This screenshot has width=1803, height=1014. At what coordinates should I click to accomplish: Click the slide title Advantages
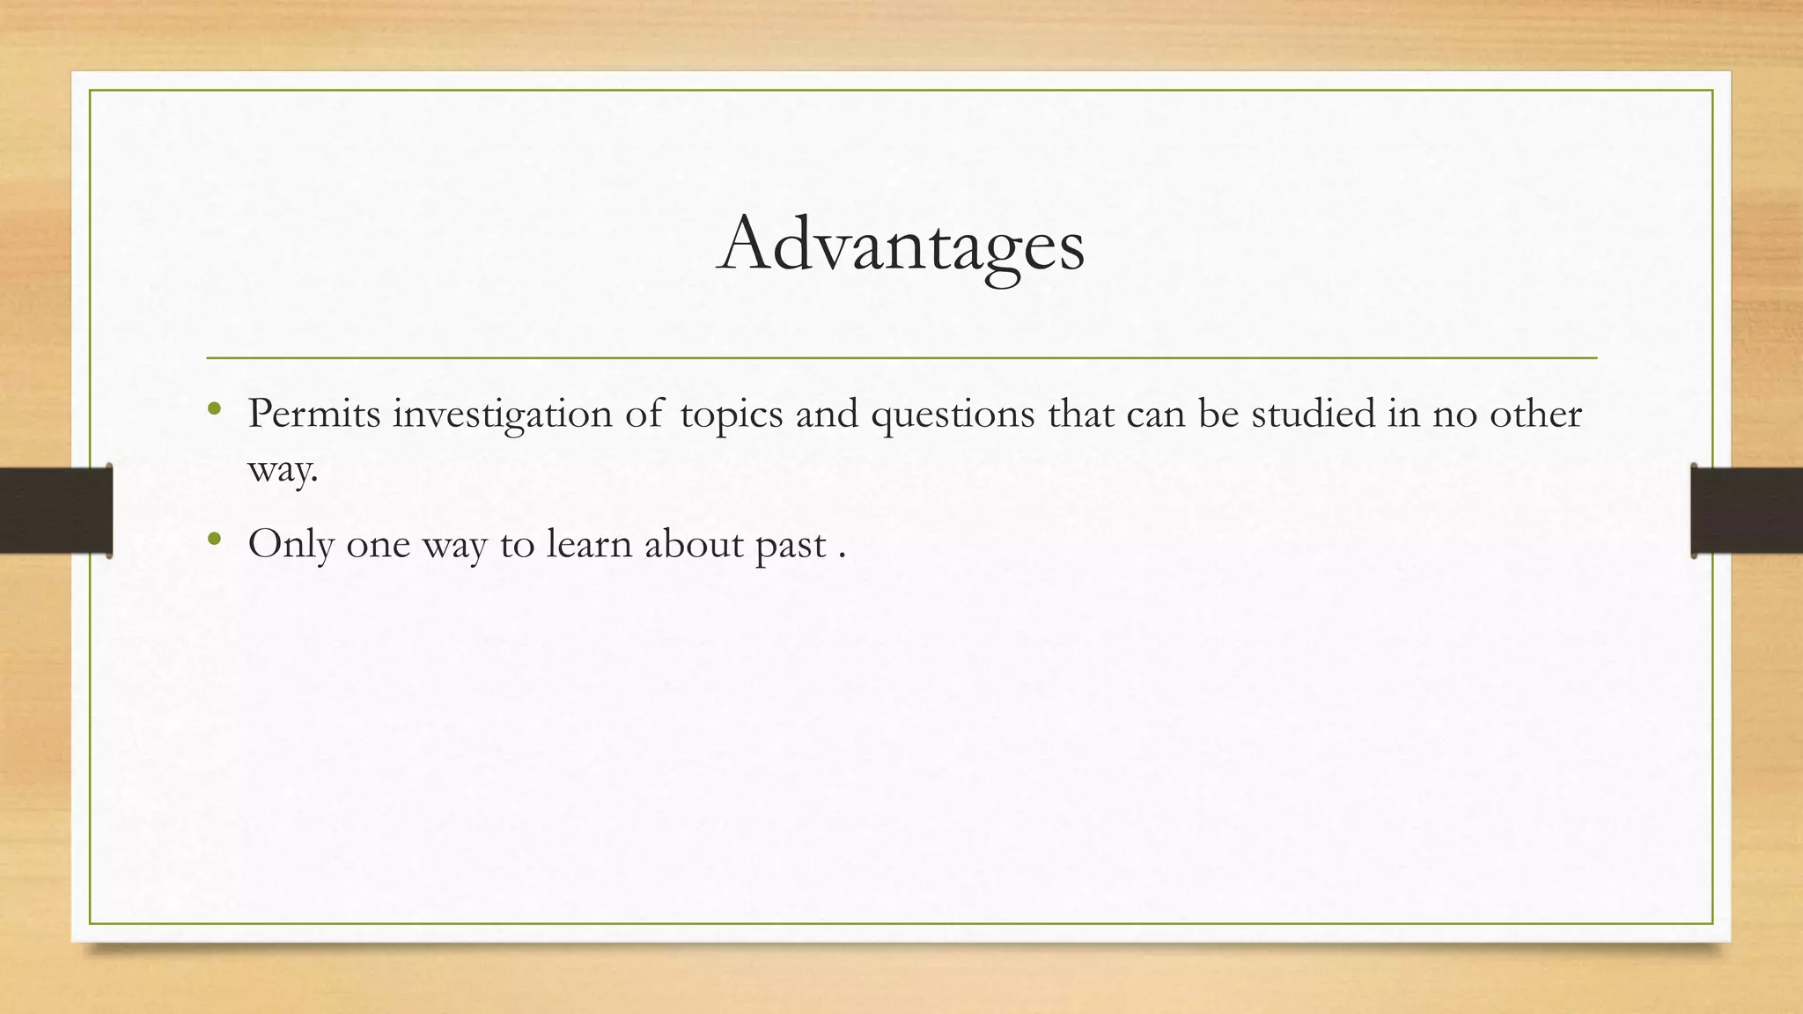(901, 244)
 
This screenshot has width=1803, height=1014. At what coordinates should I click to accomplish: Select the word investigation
(502, 414)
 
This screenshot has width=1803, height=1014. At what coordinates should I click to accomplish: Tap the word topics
(731, 414)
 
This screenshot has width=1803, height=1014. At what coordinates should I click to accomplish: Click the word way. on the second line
(283, 470)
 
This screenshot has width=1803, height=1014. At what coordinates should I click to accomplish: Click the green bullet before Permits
(214, 408)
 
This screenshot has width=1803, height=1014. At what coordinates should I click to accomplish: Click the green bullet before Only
(214, 539)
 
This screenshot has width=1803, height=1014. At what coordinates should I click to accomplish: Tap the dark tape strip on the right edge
(1747, 511)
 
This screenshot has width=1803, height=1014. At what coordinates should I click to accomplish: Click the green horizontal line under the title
(901, 358)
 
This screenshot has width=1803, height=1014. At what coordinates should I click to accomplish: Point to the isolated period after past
(843, 555)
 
